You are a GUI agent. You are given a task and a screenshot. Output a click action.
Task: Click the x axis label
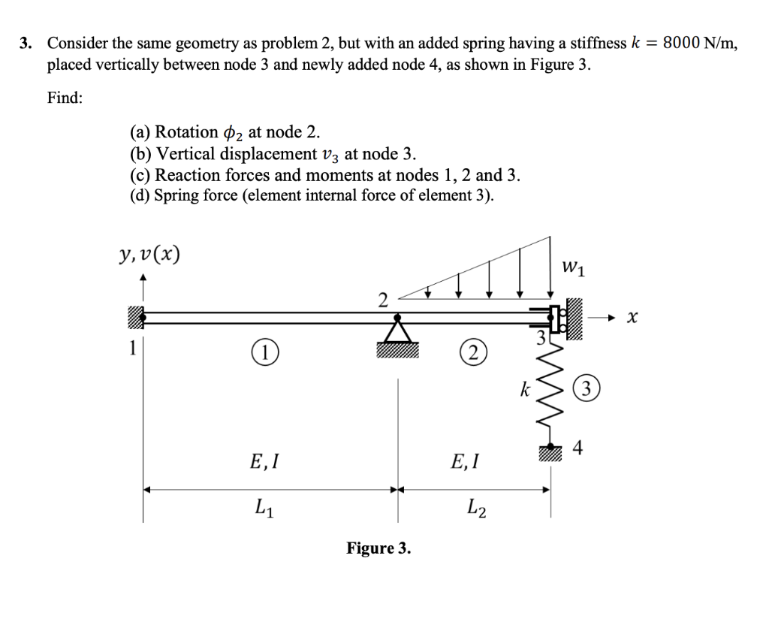click(633, 319)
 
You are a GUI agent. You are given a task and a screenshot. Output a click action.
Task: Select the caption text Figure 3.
click(378, 548)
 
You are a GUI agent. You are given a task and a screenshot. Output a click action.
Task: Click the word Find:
click(65, 98)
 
